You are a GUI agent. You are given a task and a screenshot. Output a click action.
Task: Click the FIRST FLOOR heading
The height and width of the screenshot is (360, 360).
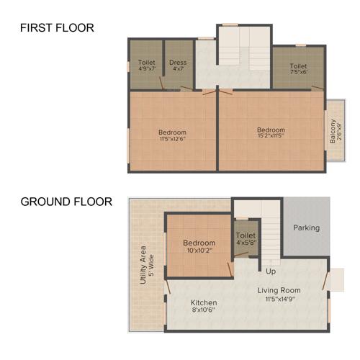click(x=57, y=28)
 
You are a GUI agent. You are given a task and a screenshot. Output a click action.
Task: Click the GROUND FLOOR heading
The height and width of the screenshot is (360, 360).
click(x=66, y=202)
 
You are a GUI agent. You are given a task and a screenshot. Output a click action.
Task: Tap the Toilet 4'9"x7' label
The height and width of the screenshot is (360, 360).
click(x=146, y=66)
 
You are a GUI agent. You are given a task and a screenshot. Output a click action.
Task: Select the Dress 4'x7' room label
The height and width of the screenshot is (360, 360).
click(x=178, y=66)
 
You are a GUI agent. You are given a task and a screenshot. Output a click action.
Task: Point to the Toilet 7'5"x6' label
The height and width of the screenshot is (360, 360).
click(x=298, y=69)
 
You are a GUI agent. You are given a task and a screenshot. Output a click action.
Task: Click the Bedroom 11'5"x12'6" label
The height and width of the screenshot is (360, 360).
click(x=172, y=136)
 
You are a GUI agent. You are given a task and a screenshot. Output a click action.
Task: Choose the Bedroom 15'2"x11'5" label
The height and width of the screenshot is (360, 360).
click(x=271, y=134)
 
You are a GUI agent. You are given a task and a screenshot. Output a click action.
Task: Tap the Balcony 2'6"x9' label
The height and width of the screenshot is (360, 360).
click(x=334, y=132)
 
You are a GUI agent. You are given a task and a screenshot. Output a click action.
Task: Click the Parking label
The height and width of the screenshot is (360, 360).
click(x=306, y=228)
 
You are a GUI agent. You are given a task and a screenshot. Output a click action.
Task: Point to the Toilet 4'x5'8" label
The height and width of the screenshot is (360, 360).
click(x=246, y=239)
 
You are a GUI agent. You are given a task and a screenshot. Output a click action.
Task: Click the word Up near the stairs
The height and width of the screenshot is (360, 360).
click(x=271, y=271)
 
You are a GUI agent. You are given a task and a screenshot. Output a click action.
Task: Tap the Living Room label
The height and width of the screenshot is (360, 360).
click(x=279, y=290)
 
